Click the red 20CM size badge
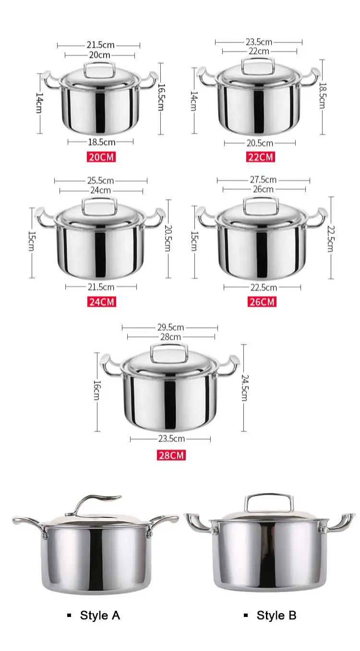coord(101,157)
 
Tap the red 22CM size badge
coord(261,157)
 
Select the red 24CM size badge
coord(101,302)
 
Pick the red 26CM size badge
coord(262,302)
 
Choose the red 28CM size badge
coord(171,455)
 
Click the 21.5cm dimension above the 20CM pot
coord(100,45)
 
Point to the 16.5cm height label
coord(161,97)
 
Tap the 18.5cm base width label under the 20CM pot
coord(101,142)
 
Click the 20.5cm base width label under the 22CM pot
coord(260,143)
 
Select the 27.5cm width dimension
coord(263,179)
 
